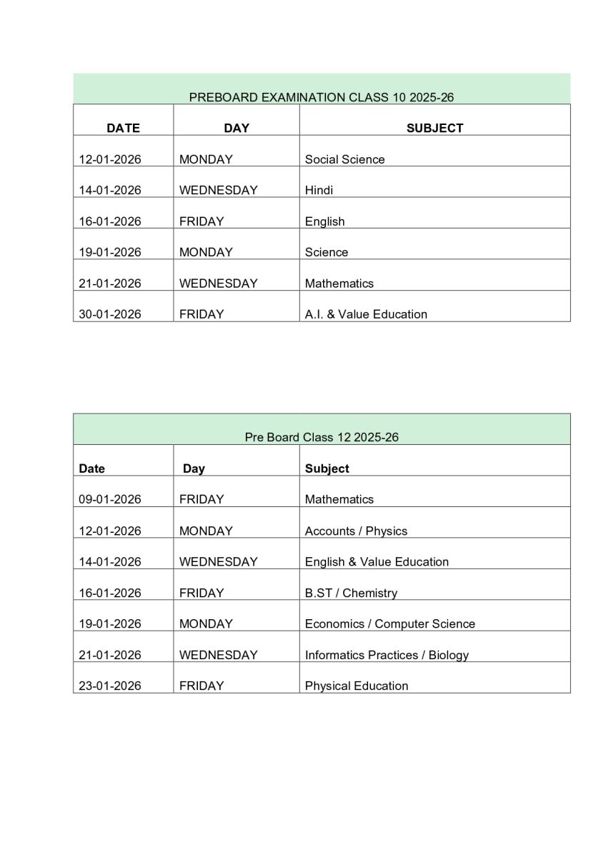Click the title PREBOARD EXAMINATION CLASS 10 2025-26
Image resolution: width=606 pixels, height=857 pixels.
(x=321, y=97)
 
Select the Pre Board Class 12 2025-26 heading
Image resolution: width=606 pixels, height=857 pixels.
(x=321, y=437)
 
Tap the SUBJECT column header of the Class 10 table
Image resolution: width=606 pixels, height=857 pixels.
(x=434, y=128)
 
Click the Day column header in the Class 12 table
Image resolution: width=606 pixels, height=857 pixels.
(x=194, y=468)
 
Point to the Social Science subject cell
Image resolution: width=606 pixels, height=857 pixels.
(x=344, y=159)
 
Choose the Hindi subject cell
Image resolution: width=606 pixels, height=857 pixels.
(x=319, y=190)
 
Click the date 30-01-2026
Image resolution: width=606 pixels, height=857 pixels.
(x=110, y=314)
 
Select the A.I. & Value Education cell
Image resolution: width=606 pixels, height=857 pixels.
(x=366, y=314)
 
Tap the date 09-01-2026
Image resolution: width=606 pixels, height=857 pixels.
(x=110, y=499)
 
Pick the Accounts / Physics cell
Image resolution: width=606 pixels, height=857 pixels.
(x=356, y=531)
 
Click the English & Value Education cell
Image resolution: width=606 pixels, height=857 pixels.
(x=377, y=562)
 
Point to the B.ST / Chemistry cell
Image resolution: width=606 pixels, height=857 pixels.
(x=351, y=593)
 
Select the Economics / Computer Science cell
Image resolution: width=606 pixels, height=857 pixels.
(x=389, y=623)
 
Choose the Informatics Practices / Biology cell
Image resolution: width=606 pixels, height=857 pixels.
(x=387, y=655)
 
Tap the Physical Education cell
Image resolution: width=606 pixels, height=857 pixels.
(x=357, y=686)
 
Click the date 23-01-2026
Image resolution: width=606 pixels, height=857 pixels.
(x=110, y=686)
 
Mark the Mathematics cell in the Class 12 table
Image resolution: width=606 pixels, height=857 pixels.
(x=339, y=499)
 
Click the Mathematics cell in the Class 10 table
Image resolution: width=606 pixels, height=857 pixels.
(x=339, y=284)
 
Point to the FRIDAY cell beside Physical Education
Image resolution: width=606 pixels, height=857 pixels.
(x=202, y=686)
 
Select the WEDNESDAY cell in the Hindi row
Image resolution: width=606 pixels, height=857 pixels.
(x=218, y=190)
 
